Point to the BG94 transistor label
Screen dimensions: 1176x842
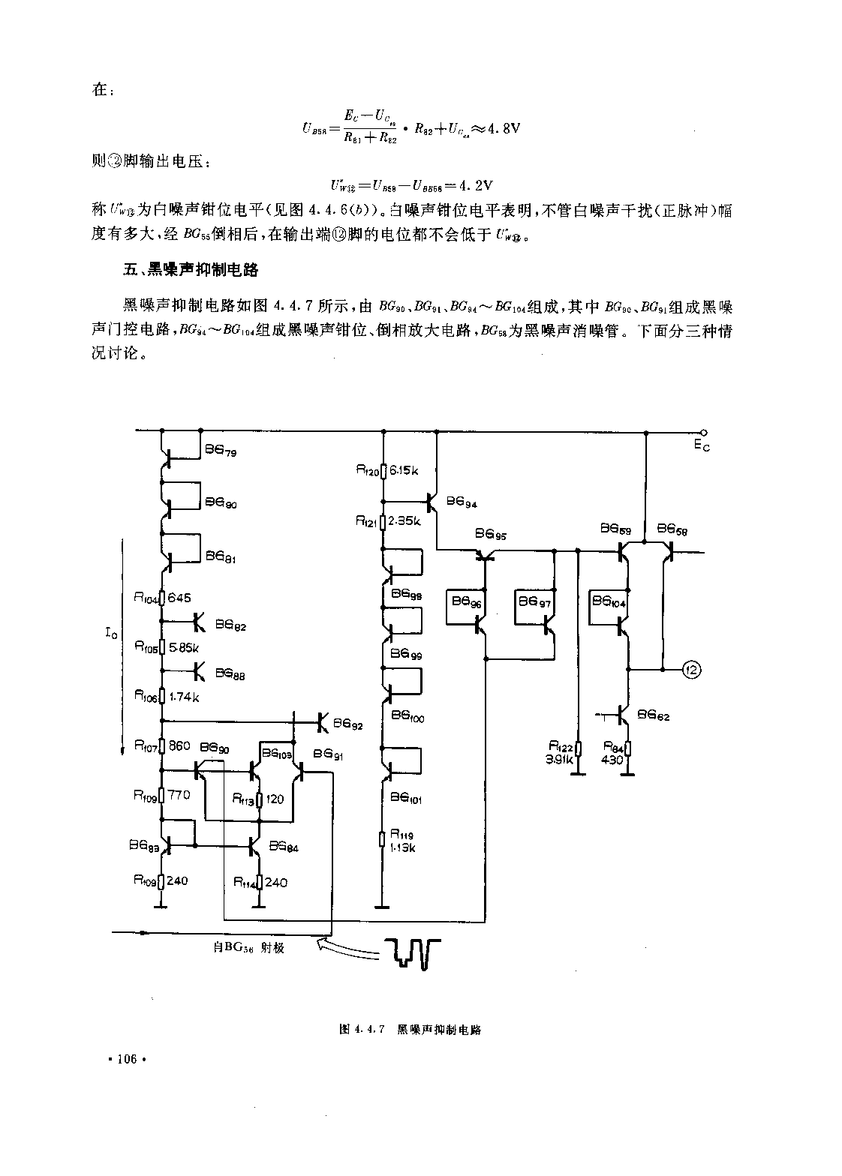[x=462, y=503]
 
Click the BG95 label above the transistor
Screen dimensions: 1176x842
[x=491, y=535]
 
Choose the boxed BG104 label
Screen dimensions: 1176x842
[x=608, y=601]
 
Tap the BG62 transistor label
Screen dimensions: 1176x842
[x=653, y=716]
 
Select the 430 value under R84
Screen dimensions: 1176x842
[x=613, y=760]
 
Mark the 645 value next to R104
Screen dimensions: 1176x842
[x=179, y=598]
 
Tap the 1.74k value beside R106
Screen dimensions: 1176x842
[x=183, y=697]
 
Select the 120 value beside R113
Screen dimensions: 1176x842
[x=275, y=799]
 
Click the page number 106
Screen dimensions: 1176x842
[x=125, y=1060]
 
